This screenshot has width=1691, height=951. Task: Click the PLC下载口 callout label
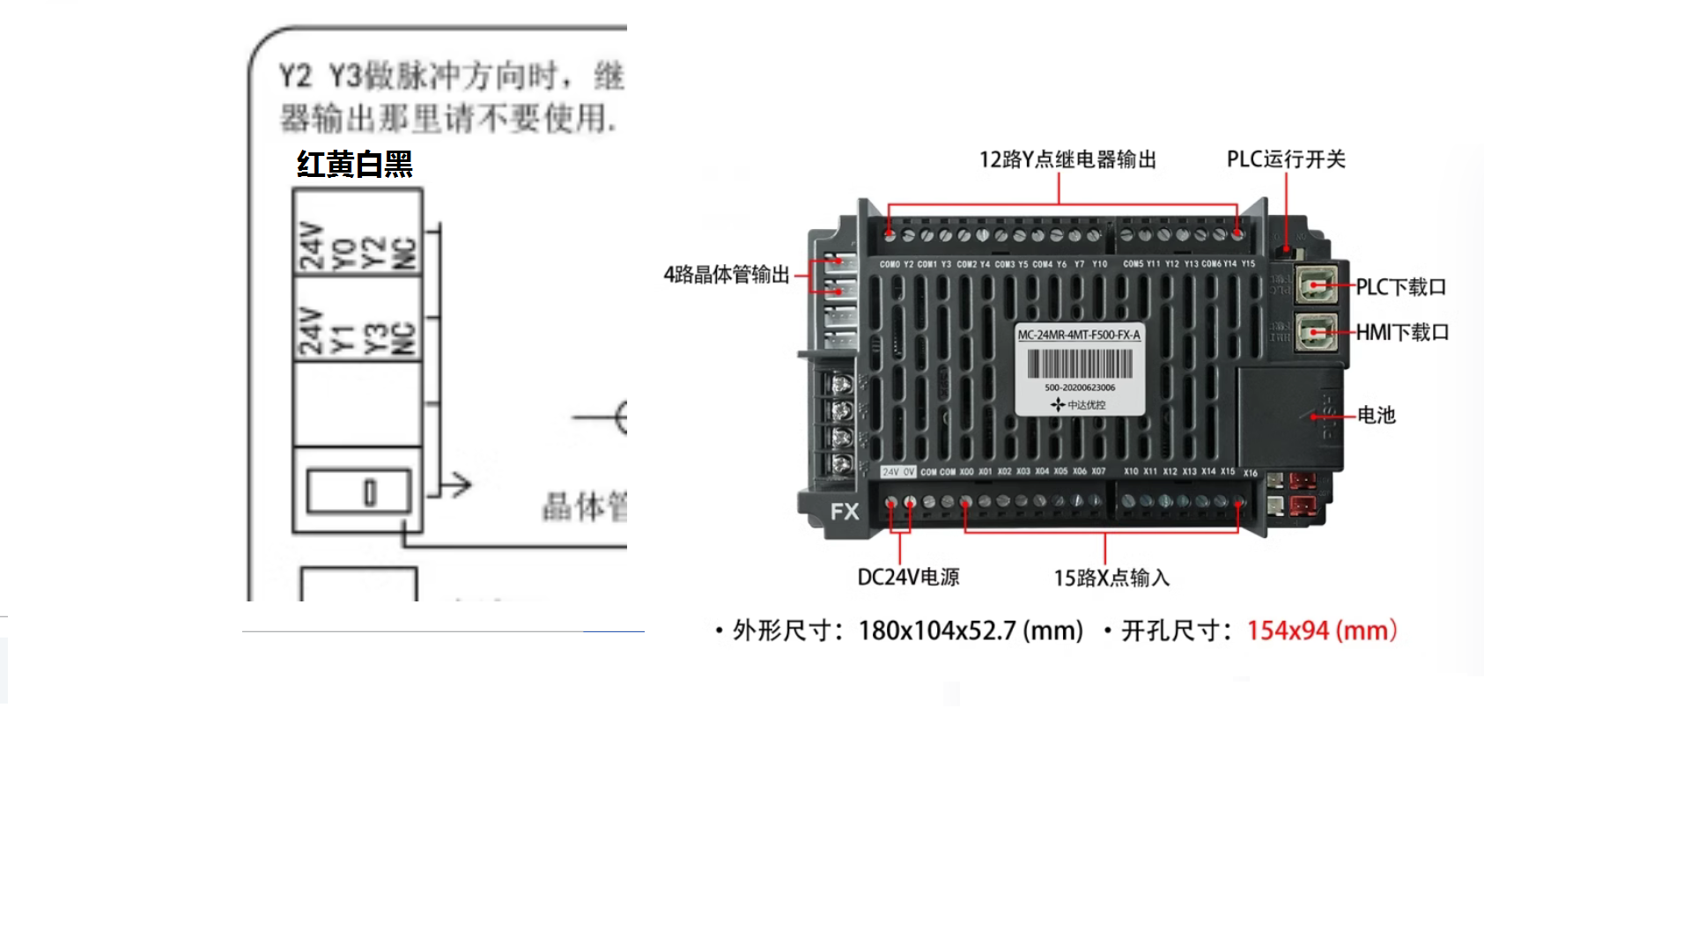tap(1400, 287)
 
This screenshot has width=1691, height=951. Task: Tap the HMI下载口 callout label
tap(1402, 332)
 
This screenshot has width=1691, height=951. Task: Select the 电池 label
tap(1377, 415)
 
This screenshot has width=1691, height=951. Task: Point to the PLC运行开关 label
tap(1286, 159)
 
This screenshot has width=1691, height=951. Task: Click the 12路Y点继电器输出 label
tap(1067, 159)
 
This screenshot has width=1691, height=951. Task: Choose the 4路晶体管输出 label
tap(727, 275)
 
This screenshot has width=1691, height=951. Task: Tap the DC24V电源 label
tap(908, 577)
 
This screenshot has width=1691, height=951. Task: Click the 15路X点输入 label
tap(1111, 578)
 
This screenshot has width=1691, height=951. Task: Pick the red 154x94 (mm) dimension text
tap(1322, 630)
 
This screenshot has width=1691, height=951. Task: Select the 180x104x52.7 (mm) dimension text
tap(971, 630)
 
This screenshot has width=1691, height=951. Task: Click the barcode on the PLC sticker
tap(1080, 365)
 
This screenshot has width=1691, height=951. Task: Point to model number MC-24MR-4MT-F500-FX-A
tap(1079, 335)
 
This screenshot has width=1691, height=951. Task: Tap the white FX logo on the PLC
tap(845, 512)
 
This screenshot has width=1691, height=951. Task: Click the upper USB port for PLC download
tap(1317, 285)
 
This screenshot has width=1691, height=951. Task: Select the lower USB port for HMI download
tap(1317, 332)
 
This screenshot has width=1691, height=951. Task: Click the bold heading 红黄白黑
tap(355, 165)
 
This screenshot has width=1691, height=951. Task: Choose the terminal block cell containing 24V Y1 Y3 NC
tap(358, 319)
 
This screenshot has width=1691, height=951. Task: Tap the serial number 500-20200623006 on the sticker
tap(1080, 387)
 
